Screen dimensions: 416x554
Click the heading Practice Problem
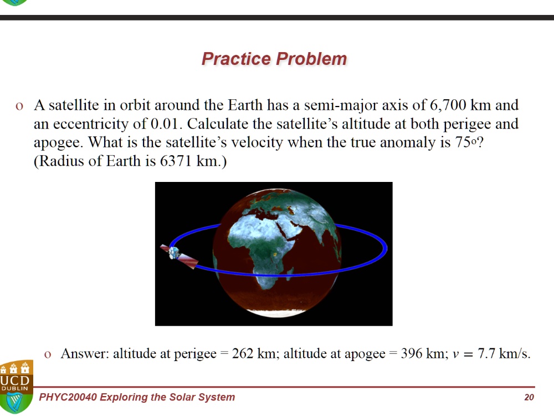(274, 59)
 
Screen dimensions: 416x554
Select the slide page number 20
(529, 397)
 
